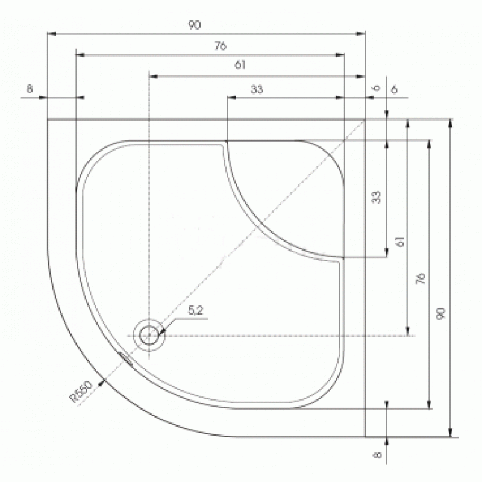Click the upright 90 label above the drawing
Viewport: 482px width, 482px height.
tap(195, 25)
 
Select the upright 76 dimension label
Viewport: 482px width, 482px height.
tap(221, 46)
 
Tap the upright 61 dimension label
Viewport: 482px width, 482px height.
tap(240, 64)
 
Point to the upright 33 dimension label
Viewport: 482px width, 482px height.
tap(257, 89)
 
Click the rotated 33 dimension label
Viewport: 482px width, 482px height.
tap(376, 197)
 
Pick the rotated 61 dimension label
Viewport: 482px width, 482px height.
tap(400, 242)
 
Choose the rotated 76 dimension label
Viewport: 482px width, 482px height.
tap(420, 278)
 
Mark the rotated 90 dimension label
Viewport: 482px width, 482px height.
tap(441, 313)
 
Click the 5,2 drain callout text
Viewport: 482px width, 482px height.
tap(195, 310)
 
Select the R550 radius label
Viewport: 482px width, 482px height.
tap(81, 391)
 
